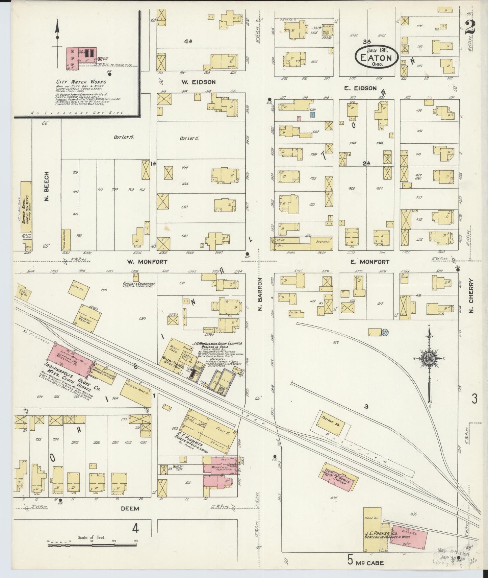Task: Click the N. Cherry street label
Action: (x=472, y=295)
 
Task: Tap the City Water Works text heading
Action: (x=81, y=82)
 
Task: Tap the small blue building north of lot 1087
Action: (x=313, y=115)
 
